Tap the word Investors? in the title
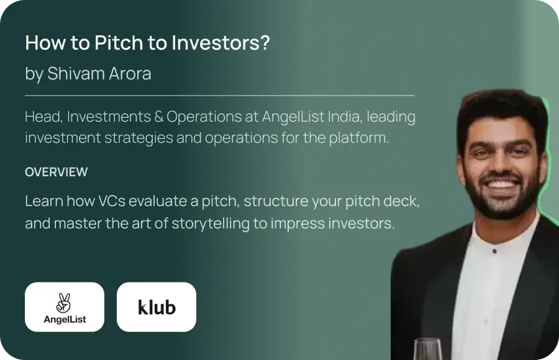(x=220, y=42)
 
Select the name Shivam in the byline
(x=76, y=73)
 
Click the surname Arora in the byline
(x=130, y=73)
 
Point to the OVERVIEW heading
(x=57, y=172)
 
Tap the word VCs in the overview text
(x=112, y=201)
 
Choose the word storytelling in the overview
(x=211, y=224)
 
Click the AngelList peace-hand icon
(x=64, y=303)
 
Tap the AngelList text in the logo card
(x=65, y=319)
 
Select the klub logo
(x=157, y=307)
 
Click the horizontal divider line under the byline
(x=220, y=96)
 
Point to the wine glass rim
(x=427, y=341)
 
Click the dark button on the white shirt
(x=494, y=251)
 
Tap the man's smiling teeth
(x=502, y=184)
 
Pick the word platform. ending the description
(x=359, y=138)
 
